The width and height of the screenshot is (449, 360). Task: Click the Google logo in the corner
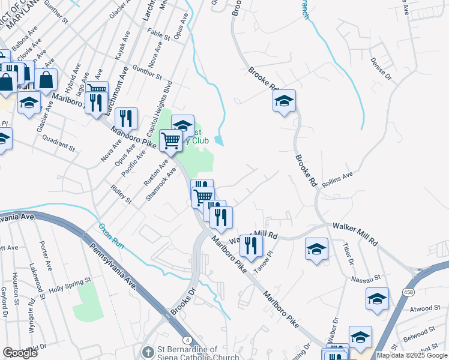tap(20, 353)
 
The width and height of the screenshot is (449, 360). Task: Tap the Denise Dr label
tap(381, 70)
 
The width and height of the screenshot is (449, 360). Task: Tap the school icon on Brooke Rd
tap(285, 101)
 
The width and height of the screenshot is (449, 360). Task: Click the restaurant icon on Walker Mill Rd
tap(251, 245)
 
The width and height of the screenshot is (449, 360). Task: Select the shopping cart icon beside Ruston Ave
tap(171, 141)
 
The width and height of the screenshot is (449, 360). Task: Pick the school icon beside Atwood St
tap(377, 298)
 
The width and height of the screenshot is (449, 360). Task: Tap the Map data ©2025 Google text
tap(412, 355)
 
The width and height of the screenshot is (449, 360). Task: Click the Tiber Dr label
tap(348, 254)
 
